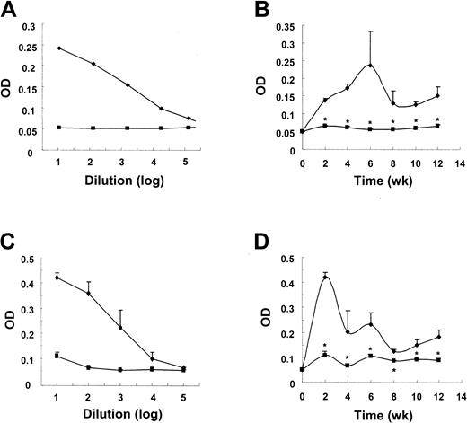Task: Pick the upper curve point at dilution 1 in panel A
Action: tap(59, 48)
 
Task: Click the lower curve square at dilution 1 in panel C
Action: tap(59, 356)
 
